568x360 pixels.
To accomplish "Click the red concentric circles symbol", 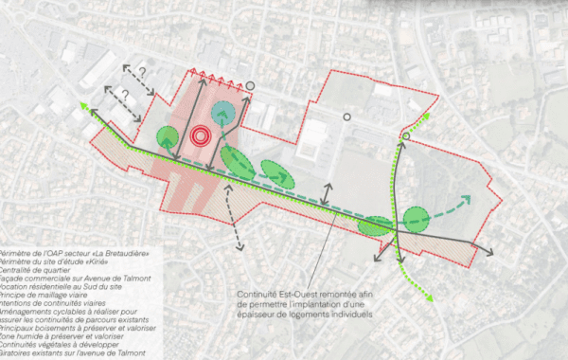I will (200, 136).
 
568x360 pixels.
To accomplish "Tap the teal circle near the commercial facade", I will (224, 114).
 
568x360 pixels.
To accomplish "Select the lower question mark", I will (123, 95).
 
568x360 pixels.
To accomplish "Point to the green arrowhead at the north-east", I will (426, 115).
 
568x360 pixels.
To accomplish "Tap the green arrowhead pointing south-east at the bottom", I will (431, 298).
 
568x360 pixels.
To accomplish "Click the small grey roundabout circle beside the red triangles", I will (250, 85).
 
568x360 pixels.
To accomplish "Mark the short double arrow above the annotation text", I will (327, 194).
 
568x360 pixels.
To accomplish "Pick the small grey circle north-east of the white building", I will (346, 117).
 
